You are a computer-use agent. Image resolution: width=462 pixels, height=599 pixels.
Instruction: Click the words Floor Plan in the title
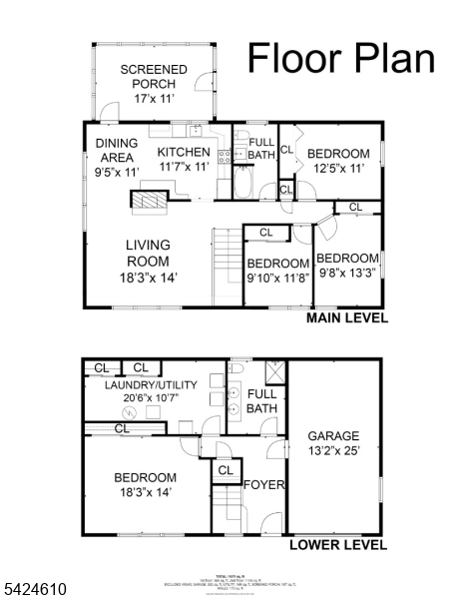(340, 58)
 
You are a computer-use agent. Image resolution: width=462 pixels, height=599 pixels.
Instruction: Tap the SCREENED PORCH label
(155, 84)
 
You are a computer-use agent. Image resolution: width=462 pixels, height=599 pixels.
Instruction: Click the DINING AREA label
(117, 158)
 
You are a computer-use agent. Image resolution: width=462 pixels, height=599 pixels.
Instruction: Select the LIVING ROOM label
(148, 261)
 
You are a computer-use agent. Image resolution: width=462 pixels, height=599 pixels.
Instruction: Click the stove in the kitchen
(225, 155)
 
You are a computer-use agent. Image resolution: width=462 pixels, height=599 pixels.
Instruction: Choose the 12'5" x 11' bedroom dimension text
(337, 169)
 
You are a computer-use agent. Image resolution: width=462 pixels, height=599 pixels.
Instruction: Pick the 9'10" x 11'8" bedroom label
(277, 279)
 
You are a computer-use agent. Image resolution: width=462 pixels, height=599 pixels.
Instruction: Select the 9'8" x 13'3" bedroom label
(347, 276)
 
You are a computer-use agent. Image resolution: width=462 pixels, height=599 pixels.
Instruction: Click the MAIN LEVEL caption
(345, 318)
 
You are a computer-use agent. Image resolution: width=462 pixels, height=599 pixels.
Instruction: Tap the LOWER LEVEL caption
(337, 545)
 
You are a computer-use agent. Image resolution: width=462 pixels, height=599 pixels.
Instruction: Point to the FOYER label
(264, 485)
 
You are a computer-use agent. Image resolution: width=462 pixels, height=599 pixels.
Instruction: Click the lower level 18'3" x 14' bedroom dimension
(145, 492)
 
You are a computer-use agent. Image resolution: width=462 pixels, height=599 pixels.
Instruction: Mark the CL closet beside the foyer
(225, 470)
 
